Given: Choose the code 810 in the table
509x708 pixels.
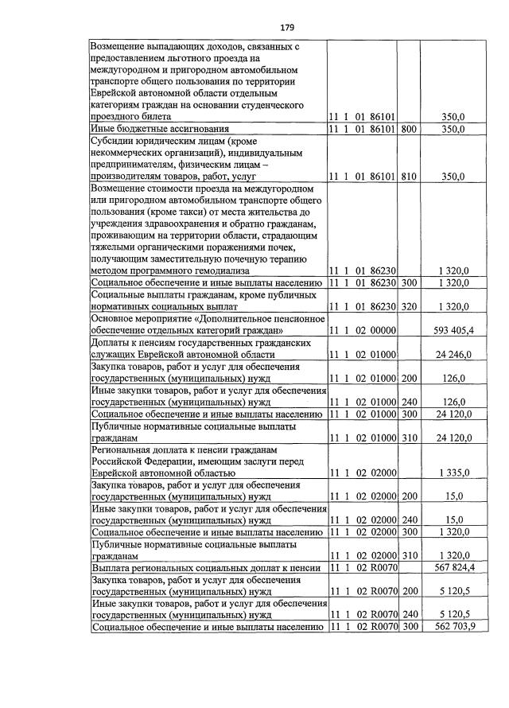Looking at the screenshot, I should pos(410,176).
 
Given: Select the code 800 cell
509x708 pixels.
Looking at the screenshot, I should pos(410,128).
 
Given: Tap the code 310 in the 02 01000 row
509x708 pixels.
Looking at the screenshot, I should pos(410,438).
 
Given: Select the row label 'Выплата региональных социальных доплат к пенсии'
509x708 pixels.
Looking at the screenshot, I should pos(206,568).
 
